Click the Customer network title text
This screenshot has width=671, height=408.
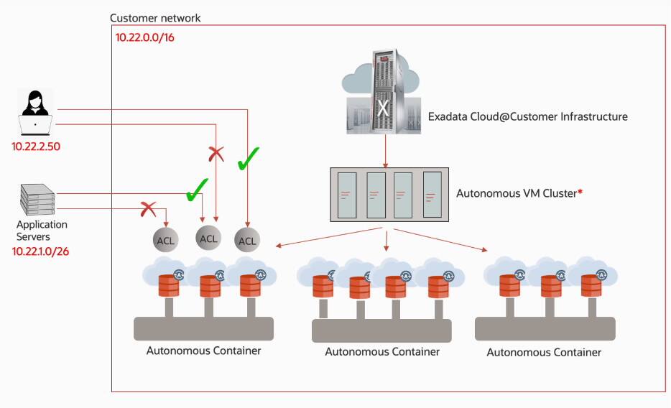pos(156,17)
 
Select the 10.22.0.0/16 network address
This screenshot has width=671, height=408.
pos(144,37)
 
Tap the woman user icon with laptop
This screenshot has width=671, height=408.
pos(35,113)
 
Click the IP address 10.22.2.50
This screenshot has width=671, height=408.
pos(36,146)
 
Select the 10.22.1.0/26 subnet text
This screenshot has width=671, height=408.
pos(40,251)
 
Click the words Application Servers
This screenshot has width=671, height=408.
pos(42,231)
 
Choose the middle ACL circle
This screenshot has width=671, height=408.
pos(208,238)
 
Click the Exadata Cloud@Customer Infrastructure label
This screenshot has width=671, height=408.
pos(527,116)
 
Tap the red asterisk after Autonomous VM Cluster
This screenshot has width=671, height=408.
pos(579,193)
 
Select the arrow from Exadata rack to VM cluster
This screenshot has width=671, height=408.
pos(387,150)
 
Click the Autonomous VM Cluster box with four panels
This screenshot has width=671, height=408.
pos(389,195)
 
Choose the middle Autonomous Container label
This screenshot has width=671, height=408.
pos(382,352)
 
